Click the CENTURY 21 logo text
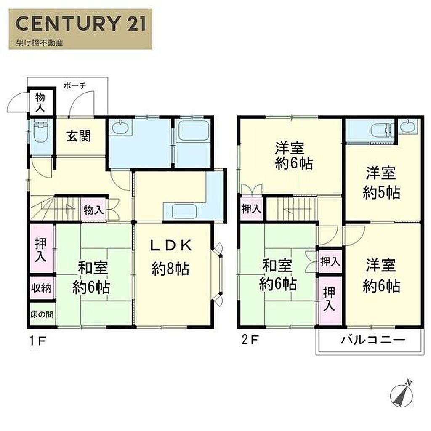[x=81, y=24]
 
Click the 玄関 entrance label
[x=79, y=136]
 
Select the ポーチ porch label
[x=75, y=85]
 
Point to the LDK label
[x=171, y=245]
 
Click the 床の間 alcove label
[x=42, y=314]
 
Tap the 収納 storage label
[x=41, y=288]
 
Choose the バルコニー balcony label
[x=373, y=340]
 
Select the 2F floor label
[x=250, y=340]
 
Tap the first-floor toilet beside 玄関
[x=41, y=131]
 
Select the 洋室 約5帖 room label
[x=381, y=183]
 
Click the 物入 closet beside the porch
[x=40, y=102]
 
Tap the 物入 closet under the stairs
[x=94, y=210]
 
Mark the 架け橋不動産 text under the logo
[x=40, y=43]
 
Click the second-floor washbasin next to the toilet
[x=408, y=126]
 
